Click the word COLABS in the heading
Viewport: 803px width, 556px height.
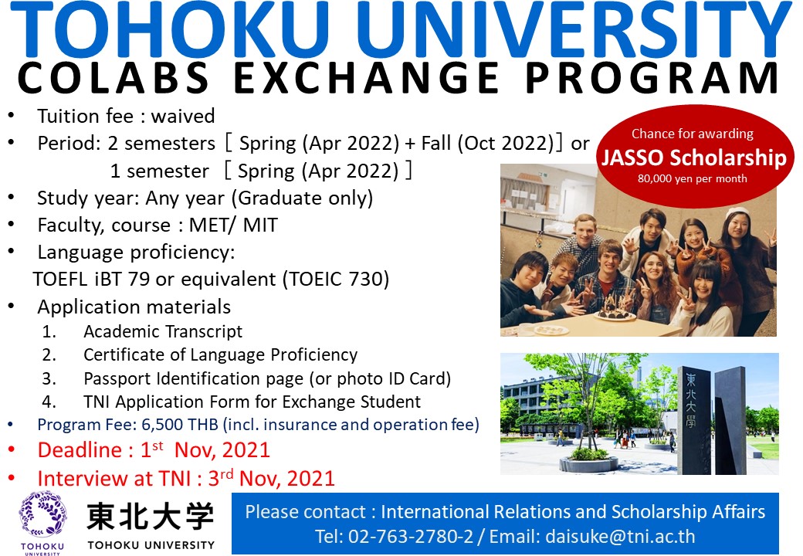(x=114, y=78)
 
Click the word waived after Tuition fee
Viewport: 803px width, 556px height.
(x=183, y=116)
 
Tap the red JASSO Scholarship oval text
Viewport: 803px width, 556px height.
(x=694, y=158)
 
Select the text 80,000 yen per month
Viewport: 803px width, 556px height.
(x=693, y=178)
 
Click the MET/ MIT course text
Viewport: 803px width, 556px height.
(x=233, y=225)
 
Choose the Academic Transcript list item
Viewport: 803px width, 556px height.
(x=163, y=332)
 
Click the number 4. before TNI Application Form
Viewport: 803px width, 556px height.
(x=49, y=402)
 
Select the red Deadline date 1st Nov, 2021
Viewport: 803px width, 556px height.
(x=205, y=450)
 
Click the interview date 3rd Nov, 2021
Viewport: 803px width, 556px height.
(x=272, y=478)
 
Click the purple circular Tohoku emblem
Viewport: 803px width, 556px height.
(x=43, y=514)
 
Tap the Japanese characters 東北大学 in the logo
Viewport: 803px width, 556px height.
(x=151, y=516)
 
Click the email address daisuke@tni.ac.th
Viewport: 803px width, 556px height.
(x=620, y=536)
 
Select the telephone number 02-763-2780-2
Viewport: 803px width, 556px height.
(x=411, y=536)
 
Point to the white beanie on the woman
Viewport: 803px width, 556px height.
(x=737, y=212)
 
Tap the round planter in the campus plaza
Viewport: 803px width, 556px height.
(x=588, y=463)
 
